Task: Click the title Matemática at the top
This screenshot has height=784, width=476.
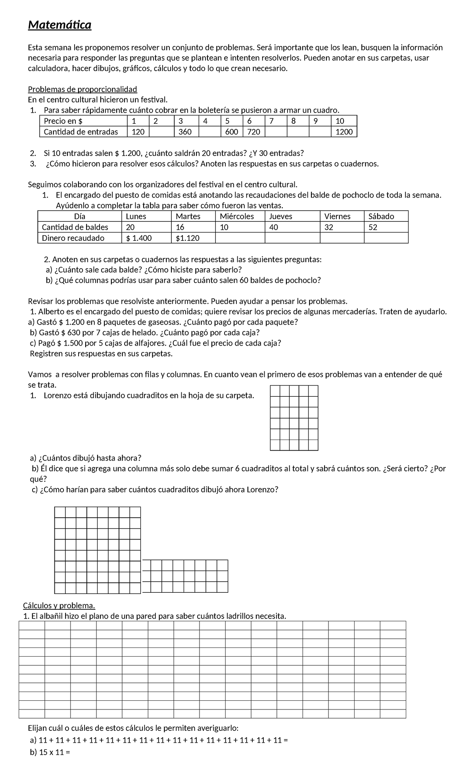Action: click(59, 25)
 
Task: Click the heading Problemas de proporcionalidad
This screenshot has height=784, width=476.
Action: click(83, 89)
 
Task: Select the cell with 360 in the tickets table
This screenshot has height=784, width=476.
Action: click(185, 132)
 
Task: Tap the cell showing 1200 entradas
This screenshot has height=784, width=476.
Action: click(344, 132)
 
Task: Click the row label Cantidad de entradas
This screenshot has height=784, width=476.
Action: click(81, 132)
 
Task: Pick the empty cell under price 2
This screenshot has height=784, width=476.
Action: click(161, 132)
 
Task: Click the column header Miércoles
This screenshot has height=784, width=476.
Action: click(237, 216)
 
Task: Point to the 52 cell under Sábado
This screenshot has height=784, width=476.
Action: click(373, 227)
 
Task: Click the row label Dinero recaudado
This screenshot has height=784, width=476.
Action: click(73, 238)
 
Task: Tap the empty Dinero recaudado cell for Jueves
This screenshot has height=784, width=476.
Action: click(292, 238)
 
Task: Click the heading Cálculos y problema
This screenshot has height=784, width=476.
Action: click(59, 606)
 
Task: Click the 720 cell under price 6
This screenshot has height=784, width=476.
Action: click(253, 132)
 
